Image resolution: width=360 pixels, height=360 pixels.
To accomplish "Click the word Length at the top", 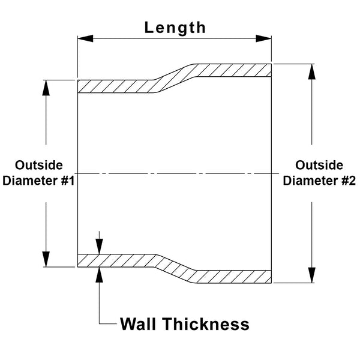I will (x=175, y=28).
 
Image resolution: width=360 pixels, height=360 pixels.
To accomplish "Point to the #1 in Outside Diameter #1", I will (x=64, y=181).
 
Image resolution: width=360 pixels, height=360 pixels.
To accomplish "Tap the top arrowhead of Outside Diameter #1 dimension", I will (x=46, y=86).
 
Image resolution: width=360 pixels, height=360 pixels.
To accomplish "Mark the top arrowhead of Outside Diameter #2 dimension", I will (x=311, y=70).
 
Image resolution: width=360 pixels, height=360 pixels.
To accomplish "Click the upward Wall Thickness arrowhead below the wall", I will (x=100, y=274).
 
